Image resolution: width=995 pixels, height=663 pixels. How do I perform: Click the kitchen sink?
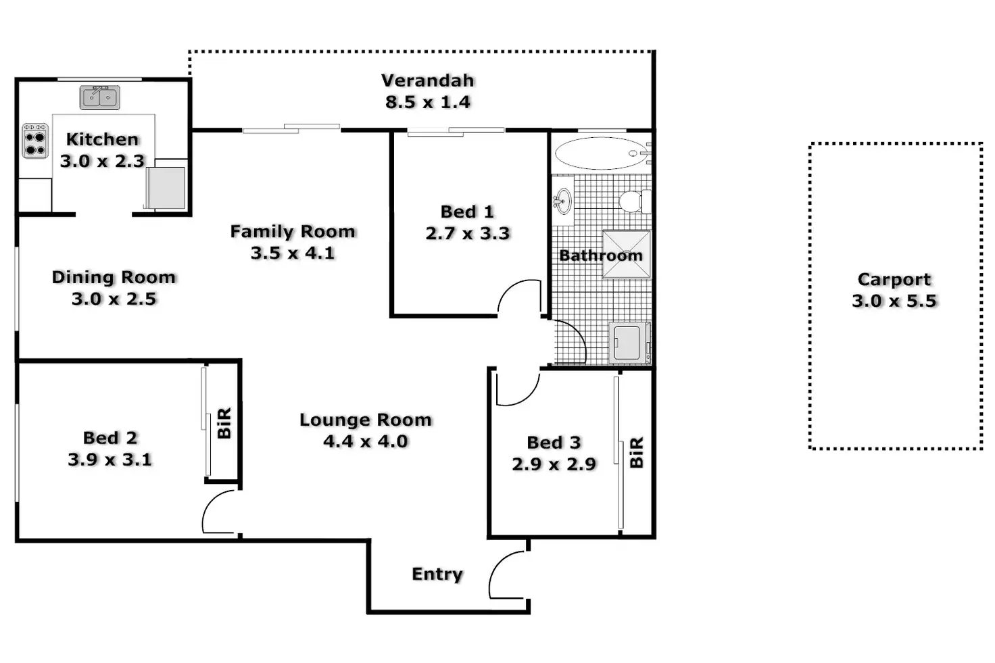(x=99, y=97)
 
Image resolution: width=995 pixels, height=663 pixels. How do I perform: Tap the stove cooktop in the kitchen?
(x=35, y=141)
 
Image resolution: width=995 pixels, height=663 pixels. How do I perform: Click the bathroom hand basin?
(x=563, y=201)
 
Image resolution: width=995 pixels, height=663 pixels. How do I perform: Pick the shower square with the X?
(x=627, y=254)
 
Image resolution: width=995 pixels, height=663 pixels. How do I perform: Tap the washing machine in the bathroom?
(x=629, y=343)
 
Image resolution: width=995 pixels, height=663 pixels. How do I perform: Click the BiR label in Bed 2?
(x=224, y=423)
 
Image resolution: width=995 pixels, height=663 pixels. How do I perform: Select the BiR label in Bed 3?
(x=636, y=452)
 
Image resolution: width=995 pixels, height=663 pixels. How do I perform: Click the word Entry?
(x=437, y=574)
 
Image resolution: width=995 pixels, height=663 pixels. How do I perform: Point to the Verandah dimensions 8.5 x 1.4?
(x=427, y=102)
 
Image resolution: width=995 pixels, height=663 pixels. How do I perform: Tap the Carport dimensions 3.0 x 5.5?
(x=894, y=301)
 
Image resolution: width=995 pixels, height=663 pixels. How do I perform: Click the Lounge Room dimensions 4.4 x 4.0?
(x=365, y=441)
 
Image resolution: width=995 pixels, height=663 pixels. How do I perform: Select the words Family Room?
(x=293, y=231)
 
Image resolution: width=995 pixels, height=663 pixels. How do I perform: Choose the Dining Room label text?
(x=114, y=277)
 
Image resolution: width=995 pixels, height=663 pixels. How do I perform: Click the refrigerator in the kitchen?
(x=166, y=187)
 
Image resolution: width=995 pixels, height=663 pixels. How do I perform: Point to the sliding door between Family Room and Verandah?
(x=291, y=129)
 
